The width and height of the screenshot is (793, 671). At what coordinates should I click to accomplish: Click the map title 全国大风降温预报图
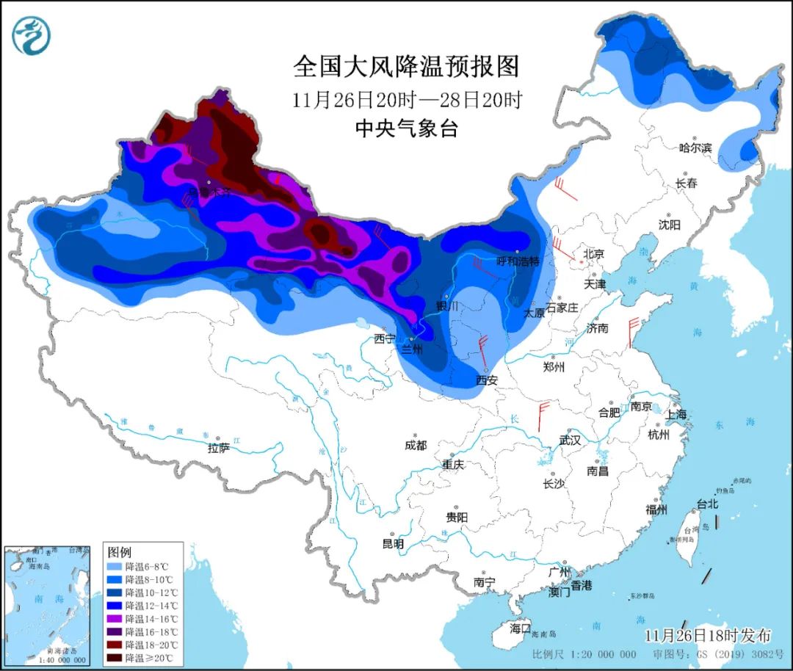point(406,67)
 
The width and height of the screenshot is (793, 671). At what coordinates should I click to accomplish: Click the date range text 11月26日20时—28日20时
point(406,100)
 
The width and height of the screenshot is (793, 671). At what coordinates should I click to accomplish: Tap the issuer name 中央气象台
point(406,129)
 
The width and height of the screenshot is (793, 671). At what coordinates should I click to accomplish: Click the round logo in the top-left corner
point(31,35)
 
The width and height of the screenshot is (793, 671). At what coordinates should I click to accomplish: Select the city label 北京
point(593,254)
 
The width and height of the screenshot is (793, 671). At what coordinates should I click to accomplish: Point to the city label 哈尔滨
point(695,148)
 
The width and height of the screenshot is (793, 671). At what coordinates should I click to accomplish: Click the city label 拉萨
point(218,448)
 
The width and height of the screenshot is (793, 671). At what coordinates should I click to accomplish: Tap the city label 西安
point(486,380)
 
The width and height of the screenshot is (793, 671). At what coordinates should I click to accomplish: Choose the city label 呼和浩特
point(518,261)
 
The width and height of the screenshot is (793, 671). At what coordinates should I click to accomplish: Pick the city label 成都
point(415,446)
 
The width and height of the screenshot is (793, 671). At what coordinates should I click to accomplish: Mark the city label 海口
point(520,629)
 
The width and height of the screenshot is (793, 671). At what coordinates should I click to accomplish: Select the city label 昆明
point(393,544)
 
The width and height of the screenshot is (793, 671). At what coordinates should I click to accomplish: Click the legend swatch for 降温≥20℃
point(115,658)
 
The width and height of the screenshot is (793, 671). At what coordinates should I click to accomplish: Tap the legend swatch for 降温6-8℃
point(115,567)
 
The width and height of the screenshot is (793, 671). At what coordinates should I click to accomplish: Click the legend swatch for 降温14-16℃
point(115,619)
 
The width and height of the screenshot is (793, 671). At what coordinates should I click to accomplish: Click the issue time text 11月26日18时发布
point(708,634)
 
